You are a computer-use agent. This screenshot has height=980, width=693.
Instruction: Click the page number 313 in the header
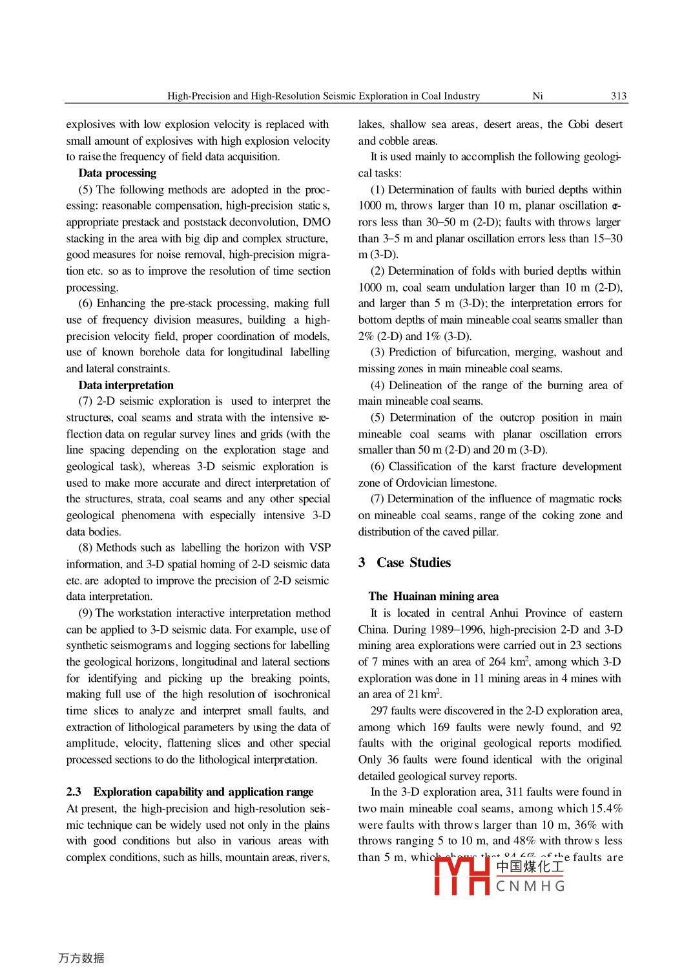pos(618,96)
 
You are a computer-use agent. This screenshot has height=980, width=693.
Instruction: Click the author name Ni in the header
pos(537,96)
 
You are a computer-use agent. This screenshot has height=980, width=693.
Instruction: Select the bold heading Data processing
pos(117,173)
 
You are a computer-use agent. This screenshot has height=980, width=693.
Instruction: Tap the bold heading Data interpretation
pos(126,385)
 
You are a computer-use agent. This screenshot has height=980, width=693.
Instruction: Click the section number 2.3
pos(74,792)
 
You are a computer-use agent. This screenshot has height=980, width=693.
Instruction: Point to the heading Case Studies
pos(413,563)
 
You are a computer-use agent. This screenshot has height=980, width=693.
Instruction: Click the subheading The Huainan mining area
pos(433,597)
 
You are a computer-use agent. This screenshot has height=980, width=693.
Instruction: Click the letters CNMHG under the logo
pos(530,886)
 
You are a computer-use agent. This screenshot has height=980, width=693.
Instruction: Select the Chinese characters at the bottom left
pos(81,958)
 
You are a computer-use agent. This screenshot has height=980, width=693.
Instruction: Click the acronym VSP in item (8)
pos(320,548)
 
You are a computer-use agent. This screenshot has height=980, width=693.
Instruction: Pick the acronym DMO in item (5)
pos(316,222)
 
